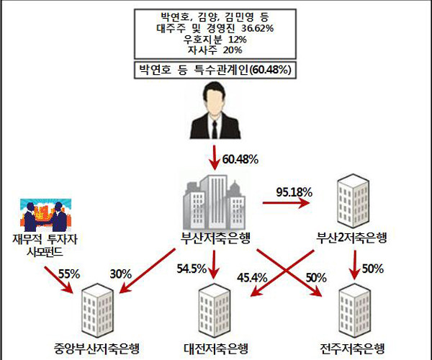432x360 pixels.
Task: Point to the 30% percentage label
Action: pos(122,274)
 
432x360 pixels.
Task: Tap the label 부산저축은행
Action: pos(214,238)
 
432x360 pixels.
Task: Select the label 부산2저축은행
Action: pos(352,238)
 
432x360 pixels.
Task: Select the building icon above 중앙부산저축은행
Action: pos(100,310)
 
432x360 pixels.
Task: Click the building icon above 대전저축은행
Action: pos(215,310)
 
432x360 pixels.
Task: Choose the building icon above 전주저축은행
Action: pos(359,310)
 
